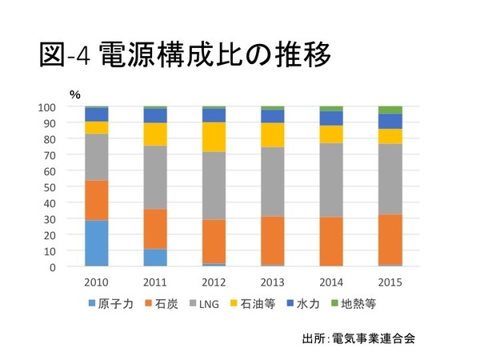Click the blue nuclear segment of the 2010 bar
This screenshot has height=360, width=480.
97,243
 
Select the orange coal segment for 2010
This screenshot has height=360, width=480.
97,200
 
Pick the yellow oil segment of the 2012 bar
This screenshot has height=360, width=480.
214,137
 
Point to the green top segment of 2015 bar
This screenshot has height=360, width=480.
390,110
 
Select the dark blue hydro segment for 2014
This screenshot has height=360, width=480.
331,118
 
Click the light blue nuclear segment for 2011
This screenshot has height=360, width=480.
155,258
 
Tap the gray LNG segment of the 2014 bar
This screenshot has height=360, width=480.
331,180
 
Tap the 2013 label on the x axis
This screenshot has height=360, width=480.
272,282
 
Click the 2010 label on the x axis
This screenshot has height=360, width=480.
97,282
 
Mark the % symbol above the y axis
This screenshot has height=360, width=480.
75,94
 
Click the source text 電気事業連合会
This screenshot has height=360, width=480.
375,337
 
